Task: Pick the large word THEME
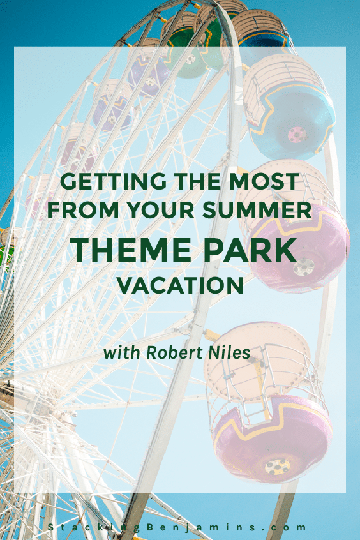pyautogui.click(x=131, y=250)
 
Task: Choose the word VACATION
pyautogui.click(x=180, y=285)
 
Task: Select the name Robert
pyautogui.click(x=174, y=352)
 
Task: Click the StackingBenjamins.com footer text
pyautogui.click(x=177, y=527)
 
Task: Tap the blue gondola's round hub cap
pyautogui.click(x=297, y=133)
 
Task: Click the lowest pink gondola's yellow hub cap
pyautogui.click(x=277, y=467)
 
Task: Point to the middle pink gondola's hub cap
pyautogui.click(x=303, y=267)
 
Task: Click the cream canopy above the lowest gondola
pyautogui.click(x=257, y=362)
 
